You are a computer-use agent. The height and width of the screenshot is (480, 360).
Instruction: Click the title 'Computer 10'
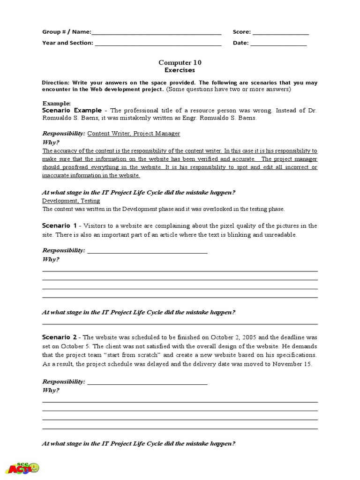pyautogui.click(x=180, y=62)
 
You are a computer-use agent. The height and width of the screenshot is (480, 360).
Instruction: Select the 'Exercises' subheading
pyautogui.click(x=180, y=70)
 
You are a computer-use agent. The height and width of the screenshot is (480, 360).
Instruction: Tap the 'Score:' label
pyautogui.click(x=242, y=32)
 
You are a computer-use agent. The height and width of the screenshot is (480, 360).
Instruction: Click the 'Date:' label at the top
pyautogui.click(x=241, y=43)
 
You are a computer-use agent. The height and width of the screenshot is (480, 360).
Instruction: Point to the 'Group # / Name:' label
pyautogui.click(x=67, y=32)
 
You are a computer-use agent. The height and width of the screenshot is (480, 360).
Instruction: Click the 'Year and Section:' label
pyautogui.click(x=67, y=43)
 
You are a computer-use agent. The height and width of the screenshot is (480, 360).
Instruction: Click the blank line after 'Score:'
pyautogui.click(x=280, y=33)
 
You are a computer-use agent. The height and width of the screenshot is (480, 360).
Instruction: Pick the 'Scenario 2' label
pyautogui.click(x=59, y=337)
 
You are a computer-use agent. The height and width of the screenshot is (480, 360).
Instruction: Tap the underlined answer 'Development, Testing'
pyautogui.click(x=71, y=201)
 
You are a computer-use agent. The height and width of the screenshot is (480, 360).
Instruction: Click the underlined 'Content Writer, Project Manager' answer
pyautogui.click(x=134, y=134)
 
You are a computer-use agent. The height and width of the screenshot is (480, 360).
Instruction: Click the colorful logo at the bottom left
pyautogui.click(x=22, y=468)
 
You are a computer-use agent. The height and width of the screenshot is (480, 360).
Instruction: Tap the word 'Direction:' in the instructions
pyautogui.click(x=55, y=82)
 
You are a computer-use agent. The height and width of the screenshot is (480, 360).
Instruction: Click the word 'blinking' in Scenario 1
pyautogui.click(x=239, y=235)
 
